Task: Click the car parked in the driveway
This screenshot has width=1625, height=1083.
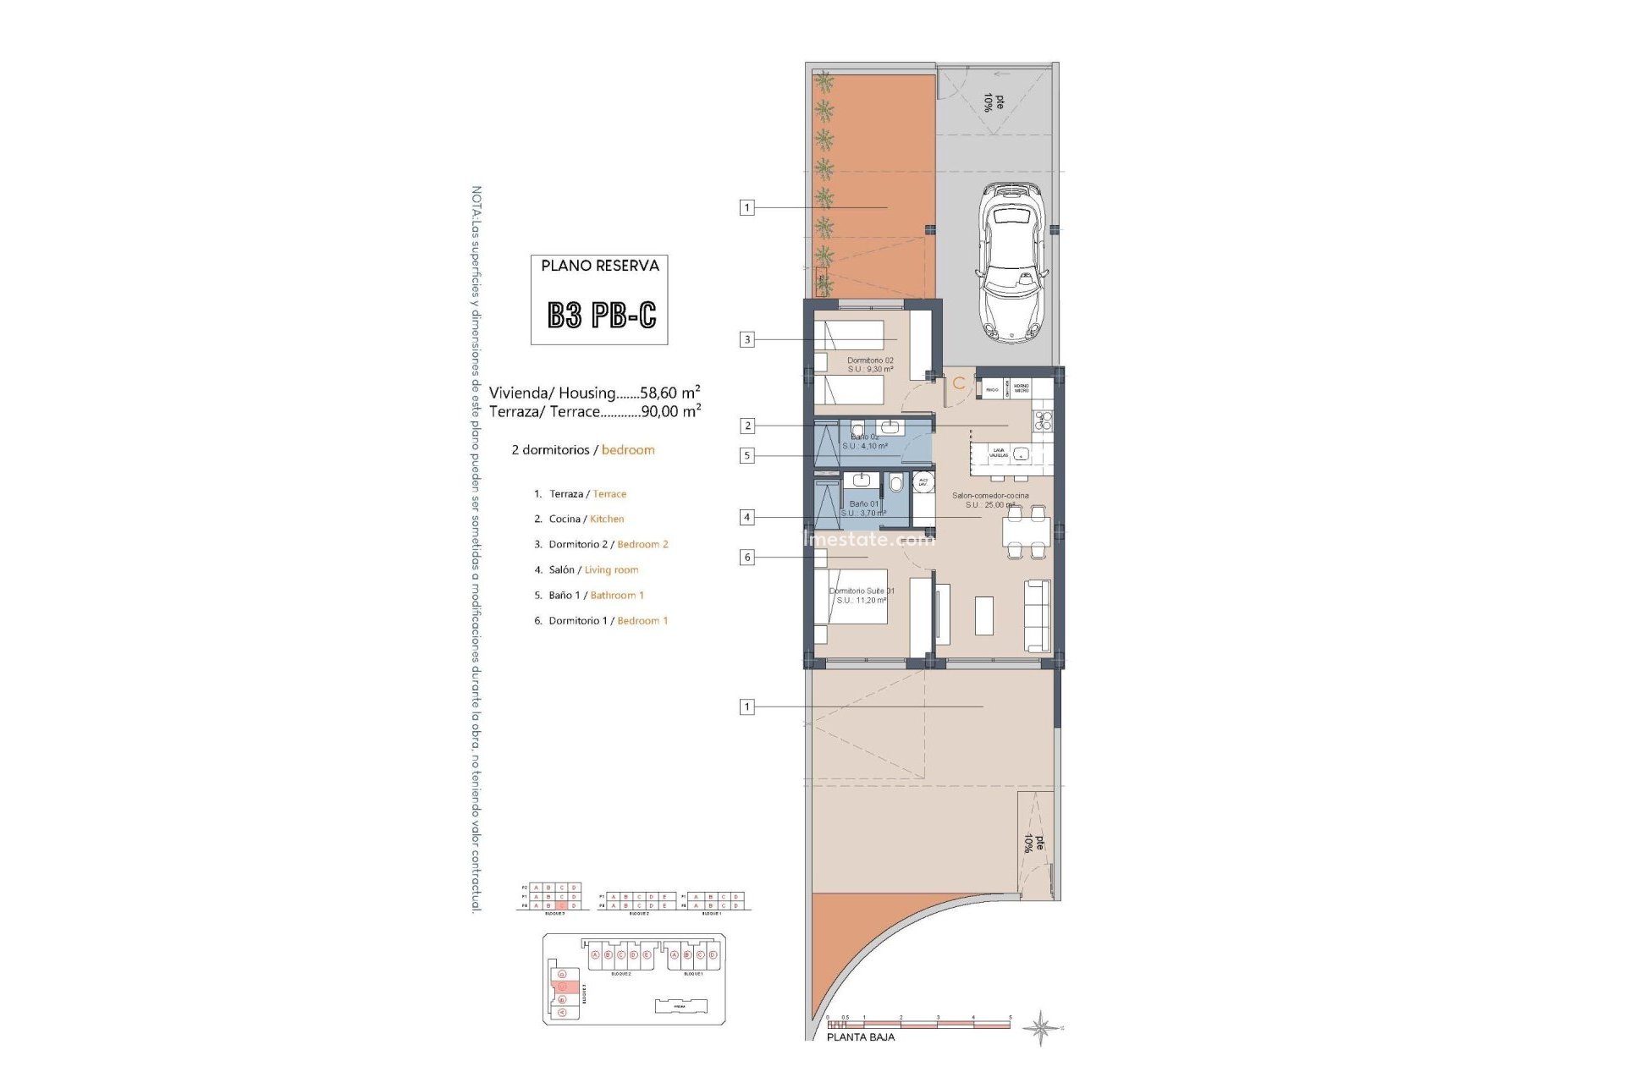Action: pyautogui.click(x=1013, y=263)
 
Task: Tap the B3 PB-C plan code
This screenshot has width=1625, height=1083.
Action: pyautogui.click(x=601, y=316)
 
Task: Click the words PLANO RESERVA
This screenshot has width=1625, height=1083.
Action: pyautogui.click(x=600, y=266)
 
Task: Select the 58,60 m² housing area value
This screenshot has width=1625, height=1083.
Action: pyautogui.click(x=669, y=393)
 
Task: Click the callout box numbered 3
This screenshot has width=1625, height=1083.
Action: pyautogui.click(x=746, y=339)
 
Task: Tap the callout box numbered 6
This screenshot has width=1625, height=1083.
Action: pyautogui.click(x=746, y=558)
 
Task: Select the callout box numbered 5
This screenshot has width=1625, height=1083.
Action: pyautogui.click(x=746, y=456)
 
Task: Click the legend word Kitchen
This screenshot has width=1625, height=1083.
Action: pyautogui.click(x=607, y=520)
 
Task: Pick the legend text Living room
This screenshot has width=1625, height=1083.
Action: pyautogui.click(x=611, y=570)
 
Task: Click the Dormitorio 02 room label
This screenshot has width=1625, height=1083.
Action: pyautogui.click(x=870, y=360)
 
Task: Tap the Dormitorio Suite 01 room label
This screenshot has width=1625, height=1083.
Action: pyautogui.click(x=862, y=591)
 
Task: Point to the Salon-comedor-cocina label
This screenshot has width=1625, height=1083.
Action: pyautogui.click(x=990, y=496)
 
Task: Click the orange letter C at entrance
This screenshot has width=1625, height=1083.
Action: pyautogui.click(x=958, y=383)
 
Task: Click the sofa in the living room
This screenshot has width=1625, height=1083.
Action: pyautogui.click(x=1037, y=615)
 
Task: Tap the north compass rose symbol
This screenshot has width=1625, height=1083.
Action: pyautogui.click(x=1040, y=1028)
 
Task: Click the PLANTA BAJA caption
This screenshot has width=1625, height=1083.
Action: pyautogui.click(x=860, y=1037)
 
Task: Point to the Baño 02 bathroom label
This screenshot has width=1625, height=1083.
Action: pyautogui.click(x=864, y=437)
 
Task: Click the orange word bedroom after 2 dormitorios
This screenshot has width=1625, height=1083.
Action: pyautogui.click(x=628, y=450)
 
